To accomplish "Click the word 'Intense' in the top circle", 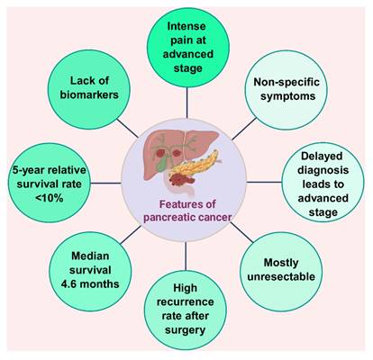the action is click(x=186, y=26).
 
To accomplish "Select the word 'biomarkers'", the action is click(x=89, y=94).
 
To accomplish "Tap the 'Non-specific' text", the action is click(x=287, y=82).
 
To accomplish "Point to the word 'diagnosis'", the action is click(x=323, y=170).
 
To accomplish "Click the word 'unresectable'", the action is click(x=281, y=276).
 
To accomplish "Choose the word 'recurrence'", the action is click(x=186, y=301).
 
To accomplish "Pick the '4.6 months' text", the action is click(x=90, y=283).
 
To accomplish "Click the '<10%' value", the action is click(x=49, y=198).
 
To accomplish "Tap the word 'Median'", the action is click(x=90, y=256).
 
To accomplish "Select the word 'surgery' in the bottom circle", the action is click(x=186, y=330).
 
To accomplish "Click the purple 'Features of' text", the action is click(x=187, y=204).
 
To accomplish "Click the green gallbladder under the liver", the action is click(x=162, y=163).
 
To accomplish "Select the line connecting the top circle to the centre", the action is click(x=186, y=103).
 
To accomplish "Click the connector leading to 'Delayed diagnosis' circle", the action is click(x=264, y=182).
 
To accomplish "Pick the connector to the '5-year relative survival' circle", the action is click(x=105, y=183).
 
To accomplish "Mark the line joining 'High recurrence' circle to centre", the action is click(x=186, y=256).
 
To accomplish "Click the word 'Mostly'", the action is click(x=281, y=263).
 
